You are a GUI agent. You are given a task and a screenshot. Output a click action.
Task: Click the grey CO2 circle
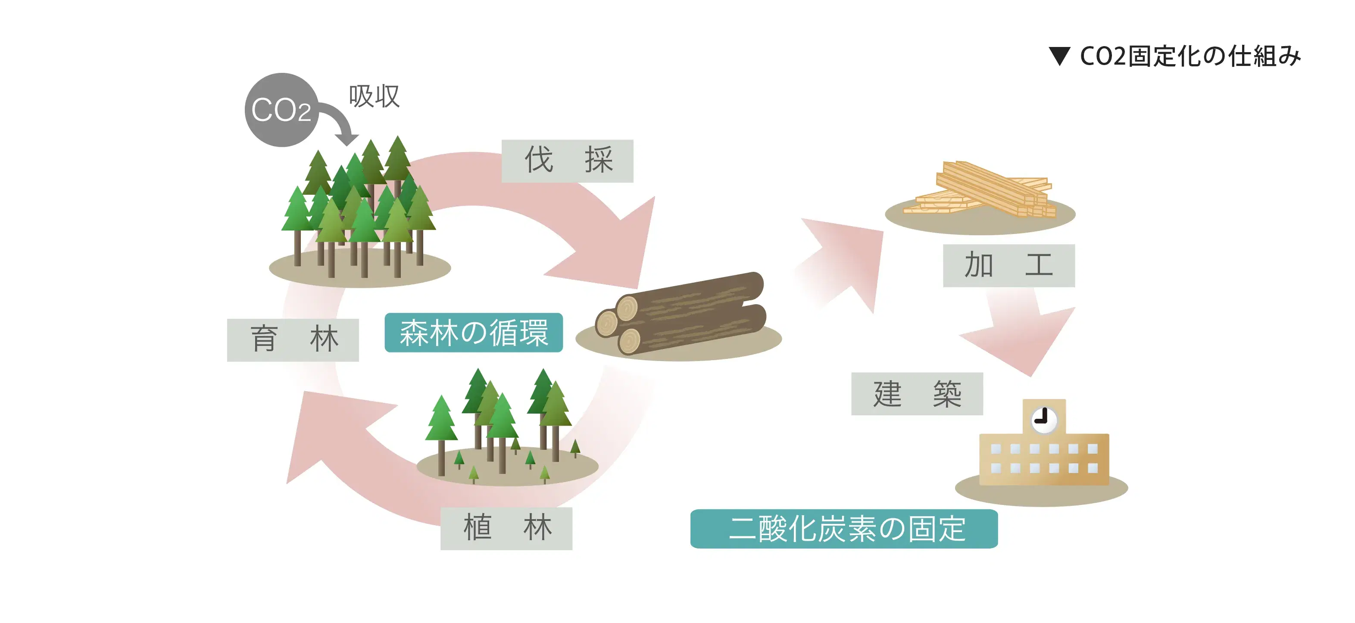281,110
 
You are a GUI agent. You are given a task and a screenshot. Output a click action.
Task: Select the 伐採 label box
567,161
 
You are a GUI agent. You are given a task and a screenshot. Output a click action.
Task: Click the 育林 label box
293,340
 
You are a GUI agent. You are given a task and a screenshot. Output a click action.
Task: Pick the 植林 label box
506,528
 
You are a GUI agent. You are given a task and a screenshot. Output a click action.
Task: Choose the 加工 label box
1008,265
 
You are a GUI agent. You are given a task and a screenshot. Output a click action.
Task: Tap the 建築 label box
917,394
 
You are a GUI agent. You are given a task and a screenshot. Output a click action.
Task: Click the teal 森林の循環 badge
473,333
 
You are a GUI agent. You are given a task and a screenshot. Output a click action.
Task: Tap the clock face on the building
1043,420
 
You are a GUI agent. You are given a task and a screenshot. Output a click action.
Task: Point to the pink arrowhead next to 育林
326,431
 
